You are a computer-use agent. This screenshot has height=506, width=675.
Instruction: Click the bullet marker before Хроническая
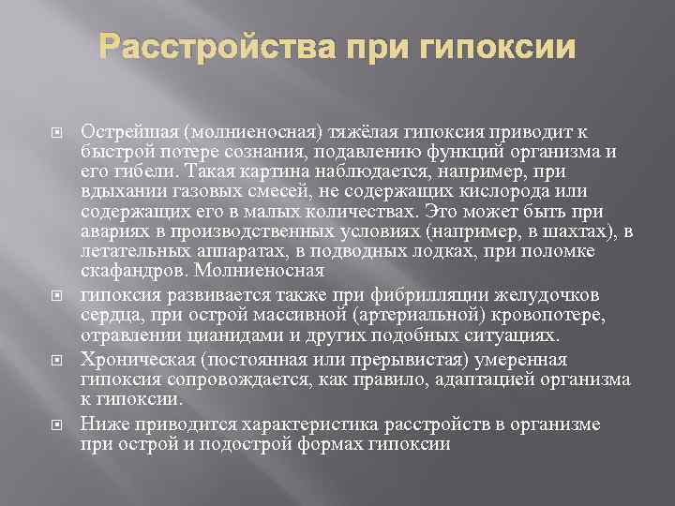[55, 361]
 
